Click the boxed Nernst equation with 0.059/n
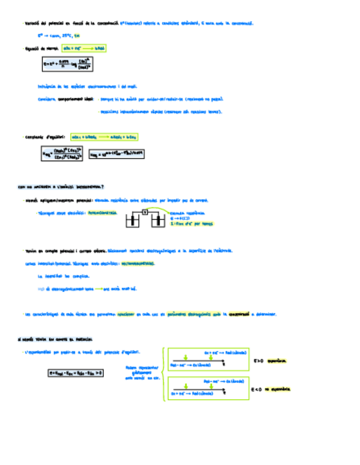pos(66,65)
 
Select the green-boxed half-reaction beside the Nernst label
pos(84,48)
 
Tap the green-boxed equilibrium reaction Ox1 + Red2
pos(104,137)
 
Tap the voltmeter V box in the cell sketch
pos(145,212)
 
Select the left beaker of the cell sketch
pos(132,220)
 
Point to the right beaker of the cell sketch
pos(158,220)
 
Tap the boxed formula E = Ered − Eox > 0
pos(76,373)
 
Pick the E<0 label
pos(256,390)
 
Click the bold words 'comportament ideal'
pos(76,100)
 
